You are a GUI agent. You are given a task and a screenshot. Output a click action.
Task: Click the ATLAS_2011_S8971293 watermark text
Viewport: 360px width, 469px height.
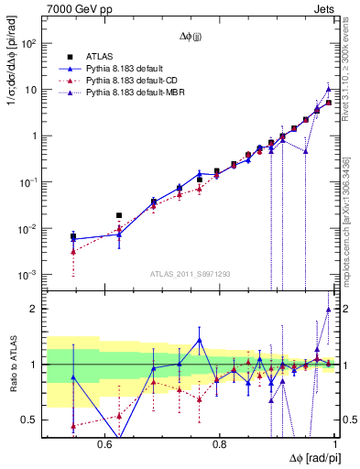point(191,274)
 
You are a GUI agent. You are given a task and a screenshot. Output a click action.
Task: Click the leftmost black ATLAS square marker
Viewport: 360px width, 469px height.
point(73,236)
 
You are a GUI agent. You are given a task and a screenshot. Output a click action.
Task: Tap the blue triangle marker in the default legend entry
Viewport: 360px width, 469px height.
point(70,68)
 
